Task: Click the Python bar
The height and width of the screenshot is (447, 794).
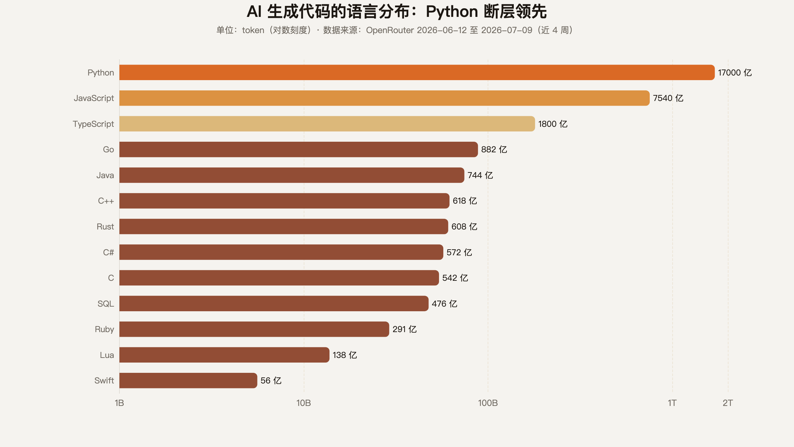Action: click(417, 73)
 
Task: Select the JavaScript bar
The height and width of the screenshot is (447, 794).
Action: click(384, 98)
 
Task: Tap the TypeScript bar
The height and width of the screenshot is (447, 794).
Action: click(327, 124)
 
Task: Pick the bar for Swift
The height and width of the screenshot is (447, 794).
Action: click(188, 380)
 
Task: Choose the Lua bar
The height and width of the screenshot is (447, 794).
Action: click(224, 355)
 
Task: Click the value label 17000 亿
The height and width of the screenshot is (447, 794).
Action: click(735, 73)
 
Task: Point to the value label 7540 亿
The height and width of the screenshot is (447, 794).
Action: click(668, 98)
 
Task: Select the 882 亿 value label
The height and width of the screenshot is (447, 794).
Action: click(494, 149)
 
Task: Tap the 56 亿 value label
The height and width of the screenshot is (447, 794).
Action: click(271, 380)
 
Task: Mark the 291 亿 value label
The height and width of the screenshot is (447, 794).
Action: click(405, 329)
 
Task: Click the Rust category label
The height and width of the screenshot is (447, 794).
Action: click(105, 226)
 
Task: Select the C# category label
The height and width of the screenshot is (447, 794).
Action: click(109, 252)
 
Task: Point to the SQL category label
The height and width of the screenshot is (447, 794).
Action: click(106, 304)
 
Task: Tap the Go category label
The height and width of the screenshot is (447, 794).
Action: click(109, 149)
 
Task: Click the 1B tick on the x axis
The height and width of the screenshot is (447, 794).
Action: click(119, 403)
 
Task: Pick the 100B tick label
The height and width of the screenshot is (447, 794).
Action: click(488, 403)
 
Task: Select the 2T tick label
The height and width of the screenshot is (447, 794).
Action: click(728, 403)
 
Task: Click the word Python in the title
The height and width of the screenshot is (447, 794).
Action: click(452, 12)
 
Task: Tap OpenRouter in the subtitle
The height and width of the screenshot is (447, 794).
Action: click(390, 30)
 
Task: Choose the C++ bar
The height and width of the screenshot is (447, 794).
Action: click(285, 201)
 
